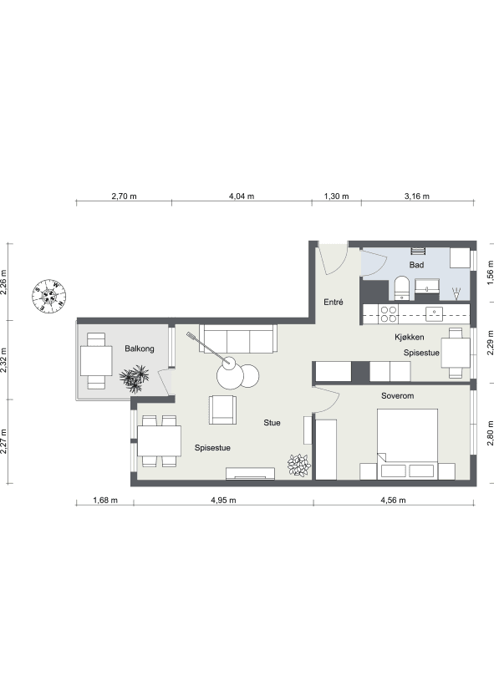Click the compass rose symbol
(49, 296)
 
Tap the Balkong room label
(140, 348)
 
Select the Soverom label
(397, 395)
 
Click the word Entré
(333, 303)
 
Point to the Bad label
(416, 265)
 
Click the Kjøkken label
(409, 338)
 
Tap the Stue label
(272, 423)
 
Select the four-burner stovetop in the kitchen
(389, 314)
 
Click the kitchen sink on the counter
(434, 314)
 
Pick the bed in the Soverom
(407, 444)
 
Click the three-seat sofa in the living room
(238, 338)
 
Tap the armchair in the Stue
(223, 410)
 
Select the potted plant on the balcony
(135, 379)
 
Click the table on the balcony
(96, 361)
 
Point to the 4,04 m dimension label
(242, 196)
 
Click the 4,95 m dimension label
(223, 500)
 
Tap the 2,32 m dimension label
(4, 359)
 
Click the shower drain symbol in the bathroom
(456, 293)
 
